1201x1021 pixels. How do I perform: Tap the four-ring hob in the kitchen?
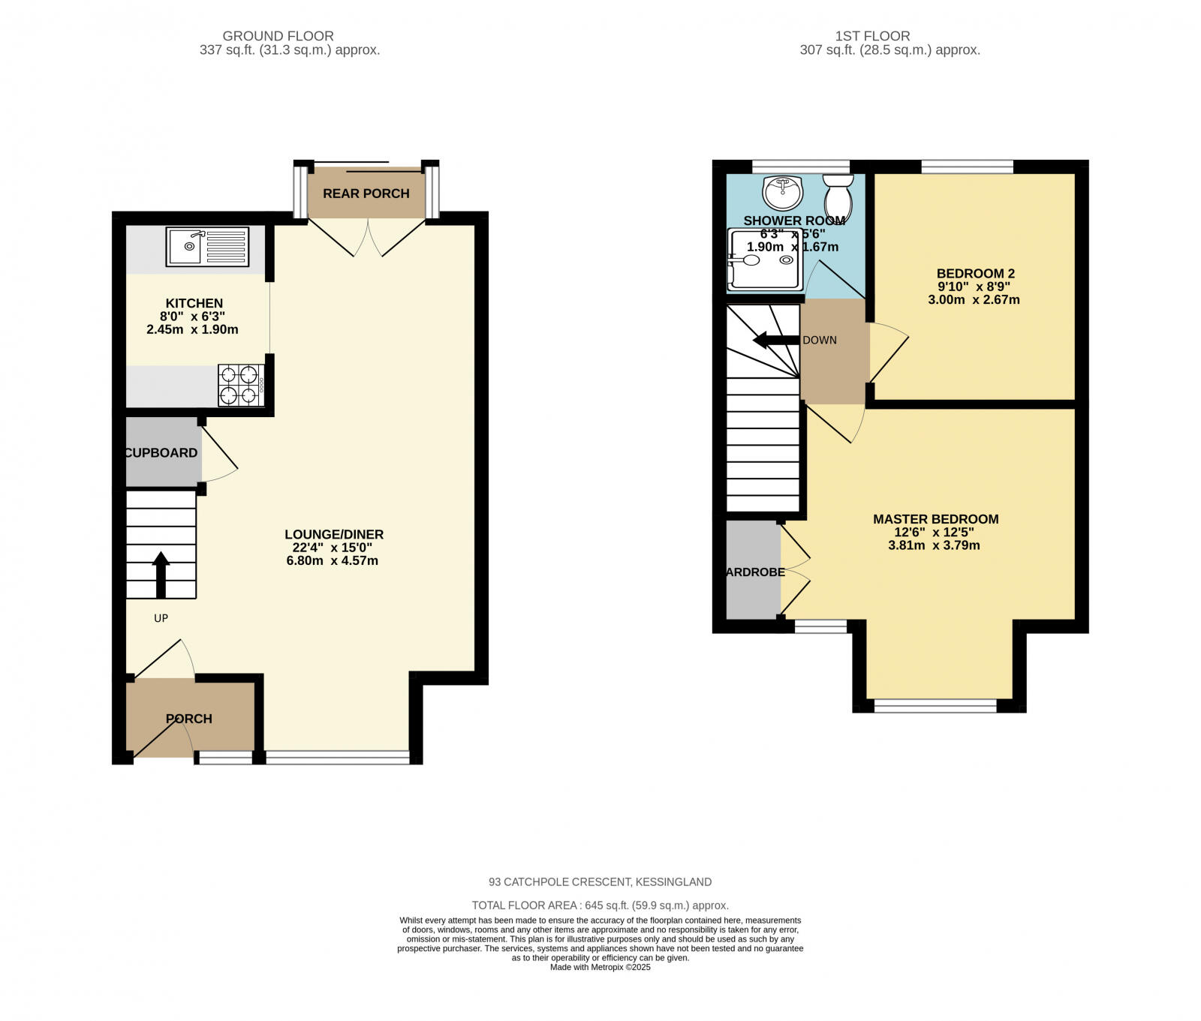[240, 385]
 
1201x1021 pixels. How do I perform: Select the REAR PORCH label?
[366, 194]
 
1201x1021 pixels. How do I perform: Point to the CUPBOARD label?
[161, 453]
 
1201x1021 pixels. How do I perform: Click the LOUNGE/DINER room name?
[334, 535]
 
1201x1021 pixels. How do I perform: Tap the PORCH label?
[189, 719]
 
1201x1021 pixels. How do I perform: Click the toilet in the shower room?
[838, 195]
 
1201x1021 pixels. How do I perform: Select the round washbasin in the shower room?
[783, 192]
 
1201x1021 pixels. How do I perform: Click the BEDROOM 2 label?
[975, 274]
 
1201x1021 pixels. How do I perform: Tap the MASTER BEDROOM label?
[935, 519]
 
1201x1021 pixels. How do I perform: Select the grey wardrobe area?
[753, 570]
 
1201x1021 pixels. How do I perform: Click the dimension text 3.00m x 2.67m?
[974, 300]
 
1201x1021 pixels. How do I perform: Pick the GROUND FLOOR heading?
[278, 36]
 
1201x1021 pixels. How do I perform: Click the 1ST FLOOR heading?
[872, 36]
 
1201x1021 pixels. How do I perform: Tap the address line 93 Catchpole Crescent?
[600, 882]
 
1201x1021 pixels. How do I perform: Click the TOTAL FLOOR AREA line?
[600, 905]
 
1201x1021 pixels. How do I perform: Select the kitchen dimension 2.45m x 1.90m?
[192, 329]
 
